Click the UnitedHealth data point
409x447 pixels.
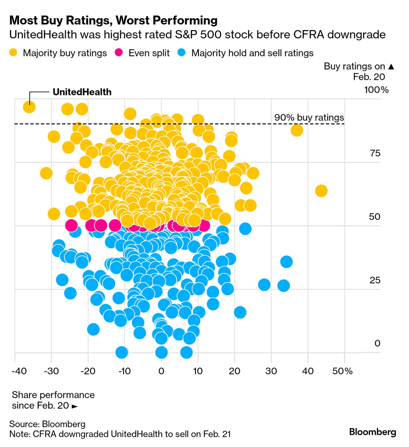29,107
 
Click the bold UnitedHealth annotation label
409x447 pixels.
82,92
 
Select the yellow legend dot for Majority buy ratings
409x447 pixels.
14,53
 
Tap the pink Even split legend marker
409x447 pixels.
119,53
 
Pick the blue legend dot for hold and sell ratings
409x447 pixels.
182,53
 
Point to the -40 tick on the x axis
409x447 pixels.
19,371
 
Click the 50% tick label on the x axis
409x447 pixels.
342,371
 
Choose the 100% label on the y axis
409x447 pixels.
376,90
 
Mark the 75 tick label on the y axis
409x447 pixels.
375,153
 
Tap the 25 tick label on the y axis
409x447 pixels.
375,280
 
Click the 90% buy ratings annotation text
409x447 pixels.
309,118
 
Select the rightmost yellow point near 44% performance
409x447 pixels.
321,191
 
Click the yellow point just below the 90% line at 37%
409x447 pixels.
297,130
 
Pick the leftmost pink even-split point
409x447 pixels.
71,225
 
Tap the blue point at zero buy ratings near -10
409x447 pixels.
122,352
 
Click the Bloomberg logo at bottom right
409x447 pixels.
372,432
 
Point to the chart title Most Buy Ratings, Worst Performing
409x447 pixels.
113,21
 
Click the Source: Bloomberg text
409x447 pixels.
47,424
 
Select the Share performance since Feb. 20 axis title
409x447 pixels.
53,400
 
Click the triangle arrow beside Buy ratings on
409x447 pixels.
391,67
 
